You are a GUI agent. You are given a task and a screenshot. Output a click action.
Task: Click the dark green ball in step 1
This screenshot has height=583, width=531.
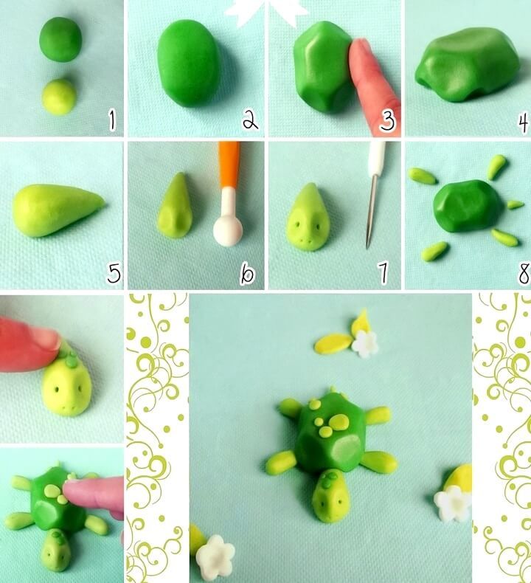[60, 39]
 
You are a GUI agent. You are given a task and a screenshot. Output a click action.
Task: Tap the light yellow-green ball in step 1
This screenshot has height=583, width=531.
[60, 96]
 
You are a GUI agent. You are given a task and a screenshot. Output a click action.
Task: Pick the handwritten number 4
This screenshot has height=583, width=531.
[523, 123]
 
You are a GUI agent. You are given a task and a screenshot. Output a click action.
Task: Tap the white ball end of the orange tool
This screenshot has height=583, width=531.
[227, 231]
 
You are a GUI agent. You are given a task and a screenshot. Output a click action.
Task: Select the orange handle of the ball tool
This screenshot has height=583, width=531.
[229, 165]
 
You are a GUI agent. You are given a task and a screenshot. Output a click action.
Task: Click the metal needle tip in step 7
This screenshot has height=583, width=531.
[368, 246]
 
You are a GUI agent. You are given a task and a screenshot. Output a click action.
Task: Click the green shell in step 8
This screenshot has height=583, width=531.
[468, 206]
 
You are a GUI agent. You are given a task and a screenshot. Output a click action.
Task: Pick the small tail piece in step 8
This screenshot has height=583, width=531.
[516, 204]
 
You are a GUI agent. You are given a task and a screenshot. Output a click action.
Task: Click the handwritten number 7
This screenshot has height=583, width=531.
[383, 273]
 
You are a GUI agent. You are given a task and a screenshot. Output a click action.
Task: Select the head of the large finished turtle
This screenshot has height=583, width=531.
[331, 495]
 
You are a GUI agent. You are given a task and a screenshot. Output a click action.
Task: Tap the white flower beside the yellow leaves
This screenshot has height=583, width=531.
[365, 344]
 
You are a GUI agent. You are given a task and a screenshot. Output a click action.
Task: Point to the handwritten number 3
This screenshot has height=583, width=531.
[387, 121]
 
